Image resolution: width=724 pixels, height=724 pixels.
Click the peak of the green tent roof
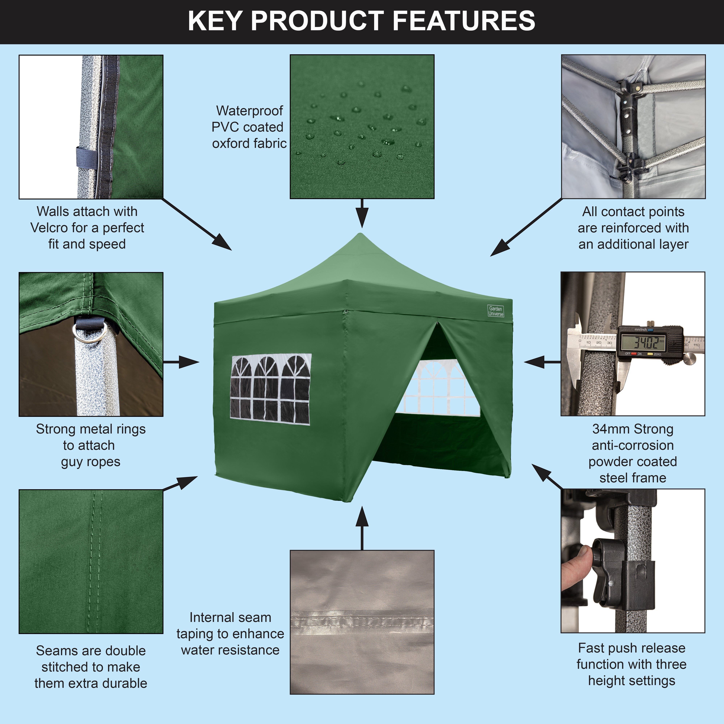[x=361, y=235]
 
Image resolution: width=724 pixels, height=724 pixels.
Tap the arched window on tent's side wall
[x=271, y=389]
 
